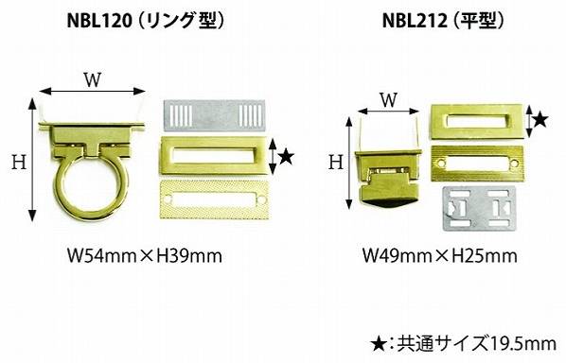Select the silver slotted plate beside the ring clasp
(215, 115)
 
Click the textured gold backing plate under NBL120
(215, 199)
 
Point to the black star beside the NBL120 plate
(287, 157)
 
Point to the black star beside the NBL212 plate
(540, 120)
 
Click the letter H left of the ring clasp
(19, 162)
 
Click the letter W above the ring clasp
(93, 79)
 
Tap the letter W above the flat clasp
(389, 100)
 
